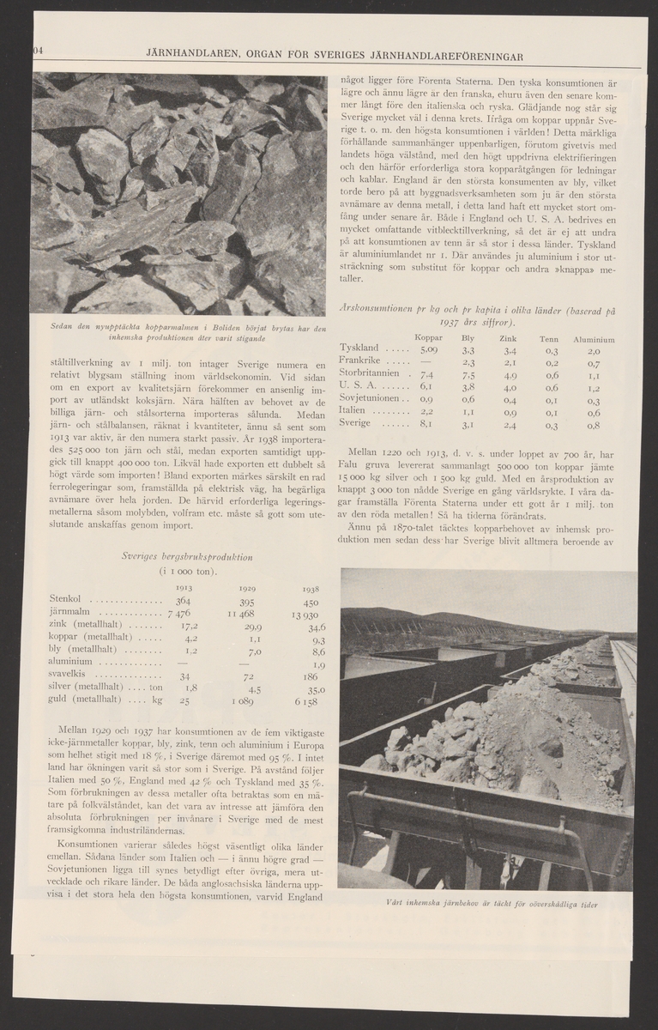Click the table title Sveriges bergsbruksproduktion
tap(187, 556)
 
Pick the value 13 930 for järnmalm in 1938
tap(306, 617)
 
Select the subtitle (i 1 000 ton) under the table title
tap(187, 572)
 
